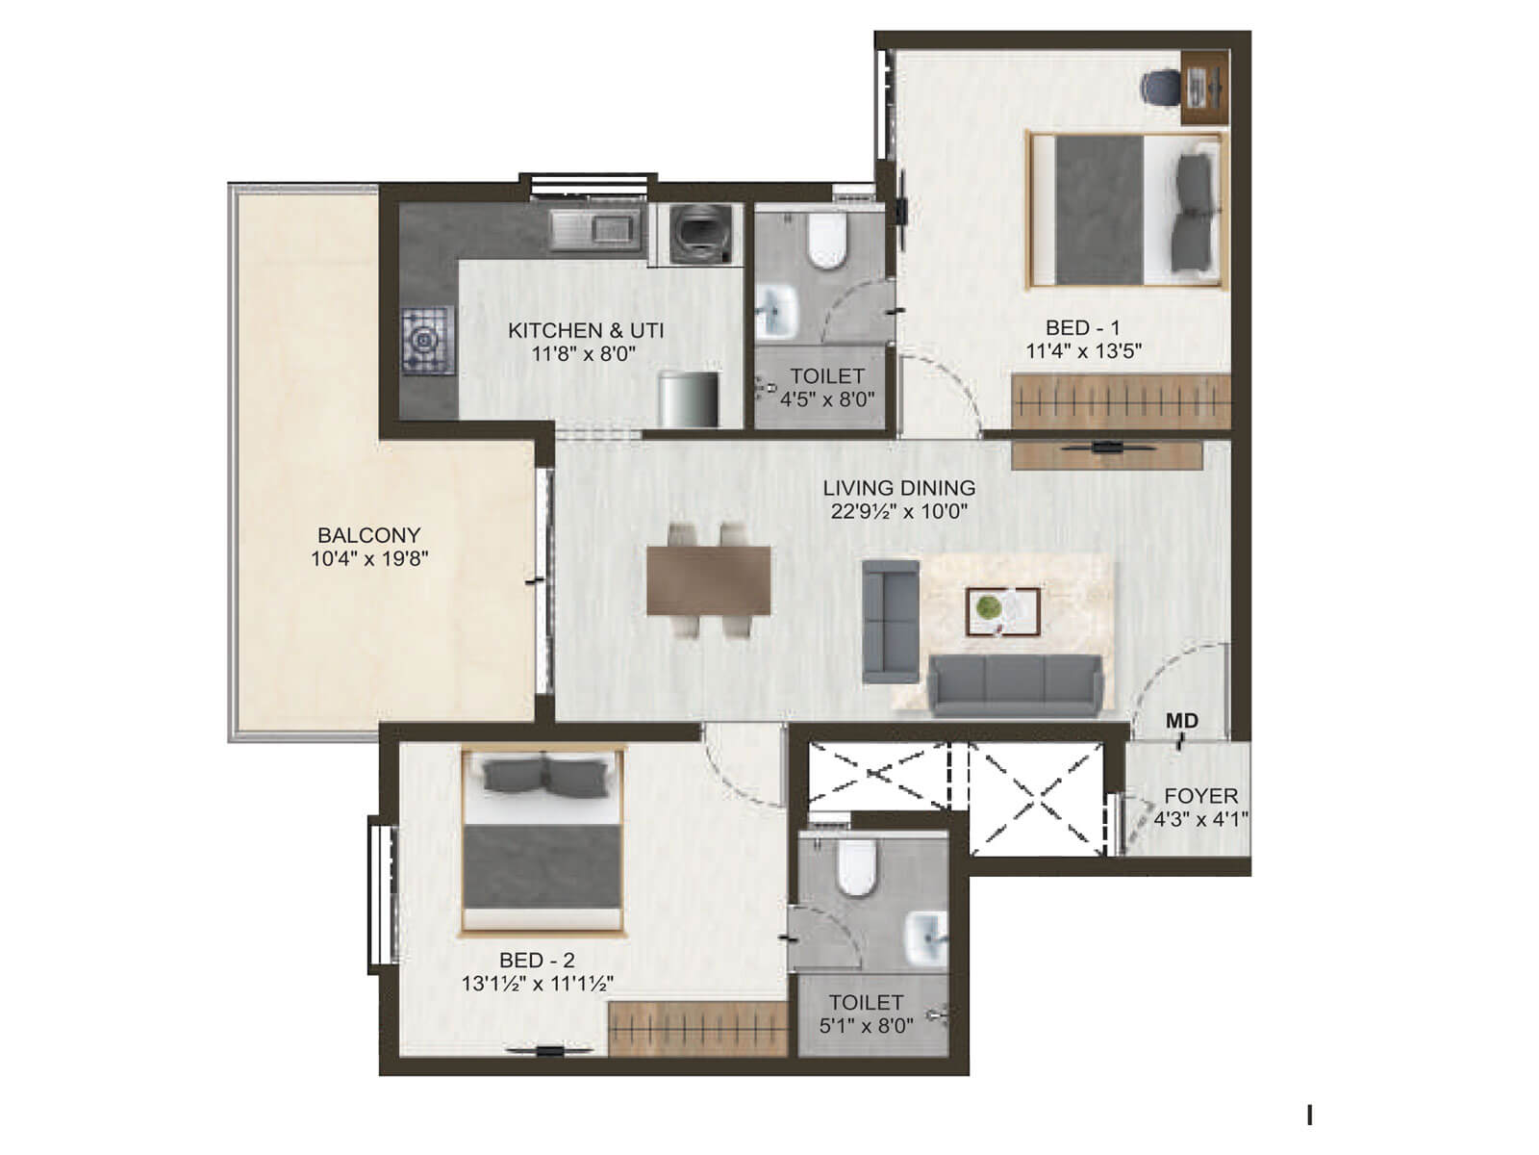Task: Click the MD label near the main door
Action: [x=1181, y=721]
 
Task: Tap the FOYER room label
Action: [x=1200, y=797]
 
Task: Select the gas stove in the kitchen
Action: [x=427, y=340]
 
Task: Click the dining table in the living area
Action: [x=709, y=579]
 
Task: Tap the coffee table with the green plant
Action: [x=1003, y=611]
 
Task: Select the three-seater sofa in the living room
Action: [x=1014, y=684]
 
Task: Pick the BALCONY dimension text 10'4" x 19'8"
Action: [x=369, y=559]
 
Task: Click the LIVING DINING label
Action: [x=898, y=488]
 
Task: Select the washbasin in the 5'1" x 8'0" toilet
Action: [x=927, y=937]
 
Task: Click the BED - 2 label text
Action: [x=537, y=960]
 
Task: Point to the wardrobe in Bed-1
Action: [x=1121, y=401]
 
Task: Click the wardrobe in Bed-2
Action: [x=697, y=1028]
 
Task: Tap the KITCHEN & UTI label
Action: [x=586, y=330]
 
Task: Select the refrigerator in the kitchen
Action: [x=689, y=398]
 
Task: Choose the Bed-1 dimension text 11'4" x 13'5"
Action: [x=1083, y=351]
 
